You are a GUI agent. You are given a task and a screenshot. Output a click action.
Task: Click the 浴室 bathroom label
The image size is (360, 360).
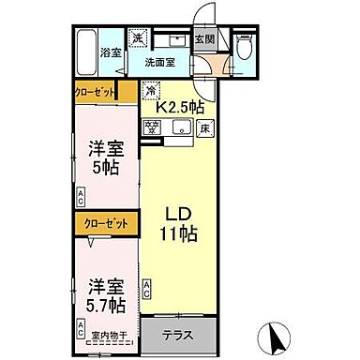(112, 52)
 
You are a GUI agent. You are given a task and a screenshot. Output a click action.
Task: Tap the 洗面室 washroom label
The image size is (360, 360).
(159, 63)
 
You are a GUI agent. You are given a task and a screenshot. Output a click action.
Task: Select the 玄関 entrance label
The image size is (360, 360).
(204, 39)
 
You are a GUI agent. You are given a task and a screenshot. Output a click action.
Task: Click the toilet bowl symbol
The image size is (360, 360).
(246, 46)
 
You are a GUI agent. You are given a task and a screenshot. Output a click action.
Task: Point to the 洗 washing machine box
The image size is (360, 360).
(137, 38)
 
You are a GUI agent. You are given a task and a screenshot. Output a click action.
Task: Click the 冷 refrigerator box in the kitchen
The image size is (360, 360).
(150, 91)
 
